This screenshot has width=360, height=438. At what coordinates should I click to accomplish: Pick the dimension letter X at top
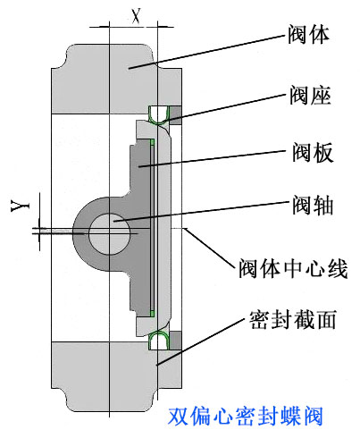(135, 14)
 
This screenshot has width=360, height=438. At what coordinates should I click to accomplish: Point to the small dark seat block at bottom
(174, 339)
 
